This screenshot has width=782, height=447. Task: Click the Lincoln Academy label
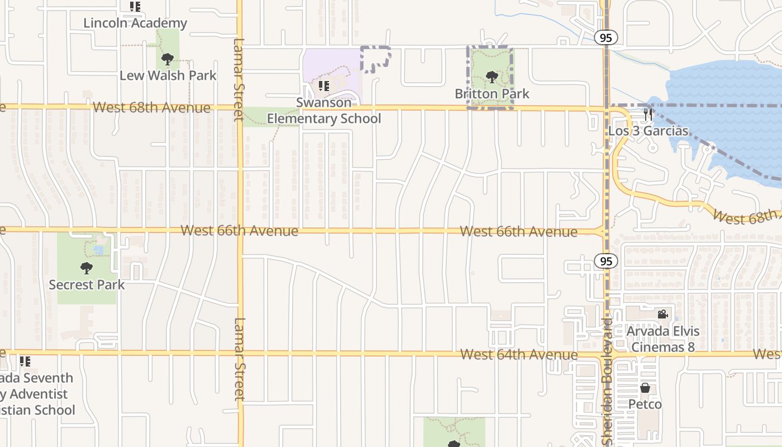coord(135,23)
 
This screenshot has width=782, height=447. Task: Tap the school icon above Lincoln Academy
coord(135,7)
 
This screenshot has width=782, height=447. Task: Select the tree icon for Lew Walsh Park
coord(167,59)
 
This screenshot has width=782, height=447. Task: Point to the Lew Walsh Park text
coord(168,75)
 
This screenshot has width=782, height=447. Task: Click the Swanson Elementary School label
coord(324,111)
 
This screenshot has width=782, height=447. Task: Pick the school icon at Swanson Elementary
coord(323,86)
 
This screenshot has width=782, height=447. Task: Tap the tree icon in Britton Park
coord(492,77)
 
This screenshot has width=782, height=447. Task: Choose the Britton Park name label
coord(492,93)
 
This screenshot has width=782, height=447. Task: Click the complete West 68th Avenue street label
coord(152,107)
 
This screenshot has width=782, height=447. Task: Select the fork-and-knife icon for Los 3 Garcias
coord(648,115)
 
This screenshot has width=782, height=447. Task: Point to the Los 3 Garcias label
coord(648,131)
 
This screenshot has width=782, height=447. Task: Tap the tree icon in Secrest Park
coord(86,268)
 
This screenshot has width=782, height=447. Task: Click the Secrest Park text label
coord(87,284)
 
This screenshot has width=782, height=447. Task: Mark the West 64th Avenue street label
coord(519,354)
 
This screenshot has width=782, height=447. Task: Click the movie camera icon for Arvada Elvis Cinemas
coord(662,315)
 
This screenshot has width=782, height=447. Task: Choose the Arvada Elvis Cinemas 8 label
coord(662,339)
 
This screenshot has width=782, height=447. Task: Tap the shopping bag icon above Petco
coord(645,388)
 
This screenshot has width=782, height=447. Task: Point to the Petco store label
coord(645,404)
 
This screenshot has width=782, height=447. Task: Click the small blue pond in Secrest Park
coord(98,250)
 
